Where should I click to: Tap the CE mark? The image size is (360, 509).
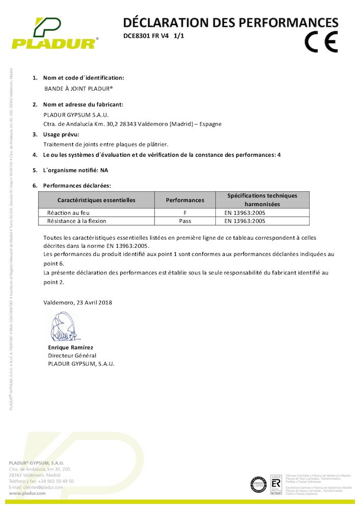point(321,42)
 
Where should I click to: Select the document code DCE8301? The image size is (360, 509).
point(135,36)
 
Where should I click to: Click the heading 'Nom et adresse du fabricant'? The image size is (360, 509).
point(83,104)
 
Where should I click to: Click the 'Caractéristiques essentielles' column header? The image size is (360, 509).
point(96,200)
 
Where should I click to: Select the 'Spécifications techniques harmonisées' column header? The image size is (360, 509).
point(262,200)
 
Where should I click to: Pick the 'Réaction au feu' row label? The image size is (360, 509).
point(68,213)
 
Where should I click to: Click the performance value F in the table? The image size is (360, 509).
point(185,213)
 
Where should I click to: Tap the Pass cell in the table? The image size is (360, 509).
point(185,221)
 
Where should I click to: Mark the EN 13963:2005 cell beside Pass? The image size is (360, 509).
point(245,221)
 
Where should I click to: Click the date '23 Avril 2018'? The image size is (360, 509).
point(94,302)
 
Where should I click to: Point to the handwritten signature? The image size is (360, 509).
point(65,327)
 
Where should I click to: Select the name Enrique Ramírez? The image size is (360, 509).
point(71,347)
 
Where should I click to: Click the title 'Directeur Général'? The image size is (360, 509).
point(72,355)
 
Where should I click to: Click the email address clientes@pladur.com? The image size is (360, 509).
point(42,487)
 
